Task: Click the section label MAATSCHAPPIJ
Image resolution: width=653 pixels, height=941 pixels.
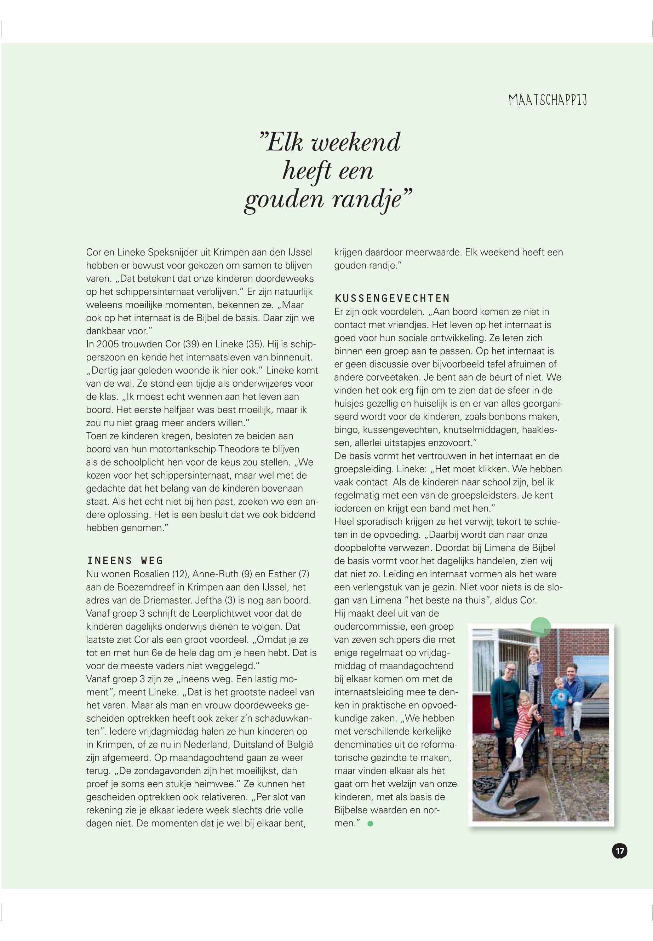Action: coord(548,100)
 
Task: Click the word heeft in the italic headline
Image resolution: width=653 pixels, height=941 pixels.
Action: coord(307,171)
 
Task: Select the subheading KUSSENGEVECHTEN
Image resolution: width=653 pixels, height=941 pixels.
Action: coord(392,298)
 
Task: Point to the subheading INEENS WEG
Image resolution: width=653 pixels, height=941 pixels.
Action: coord(125,560)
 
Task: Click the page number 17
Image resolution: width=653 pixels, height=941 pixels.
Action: coord(619,851)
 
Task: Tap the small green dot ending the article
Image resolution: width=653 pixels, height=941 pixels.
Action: coord(370,824)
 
